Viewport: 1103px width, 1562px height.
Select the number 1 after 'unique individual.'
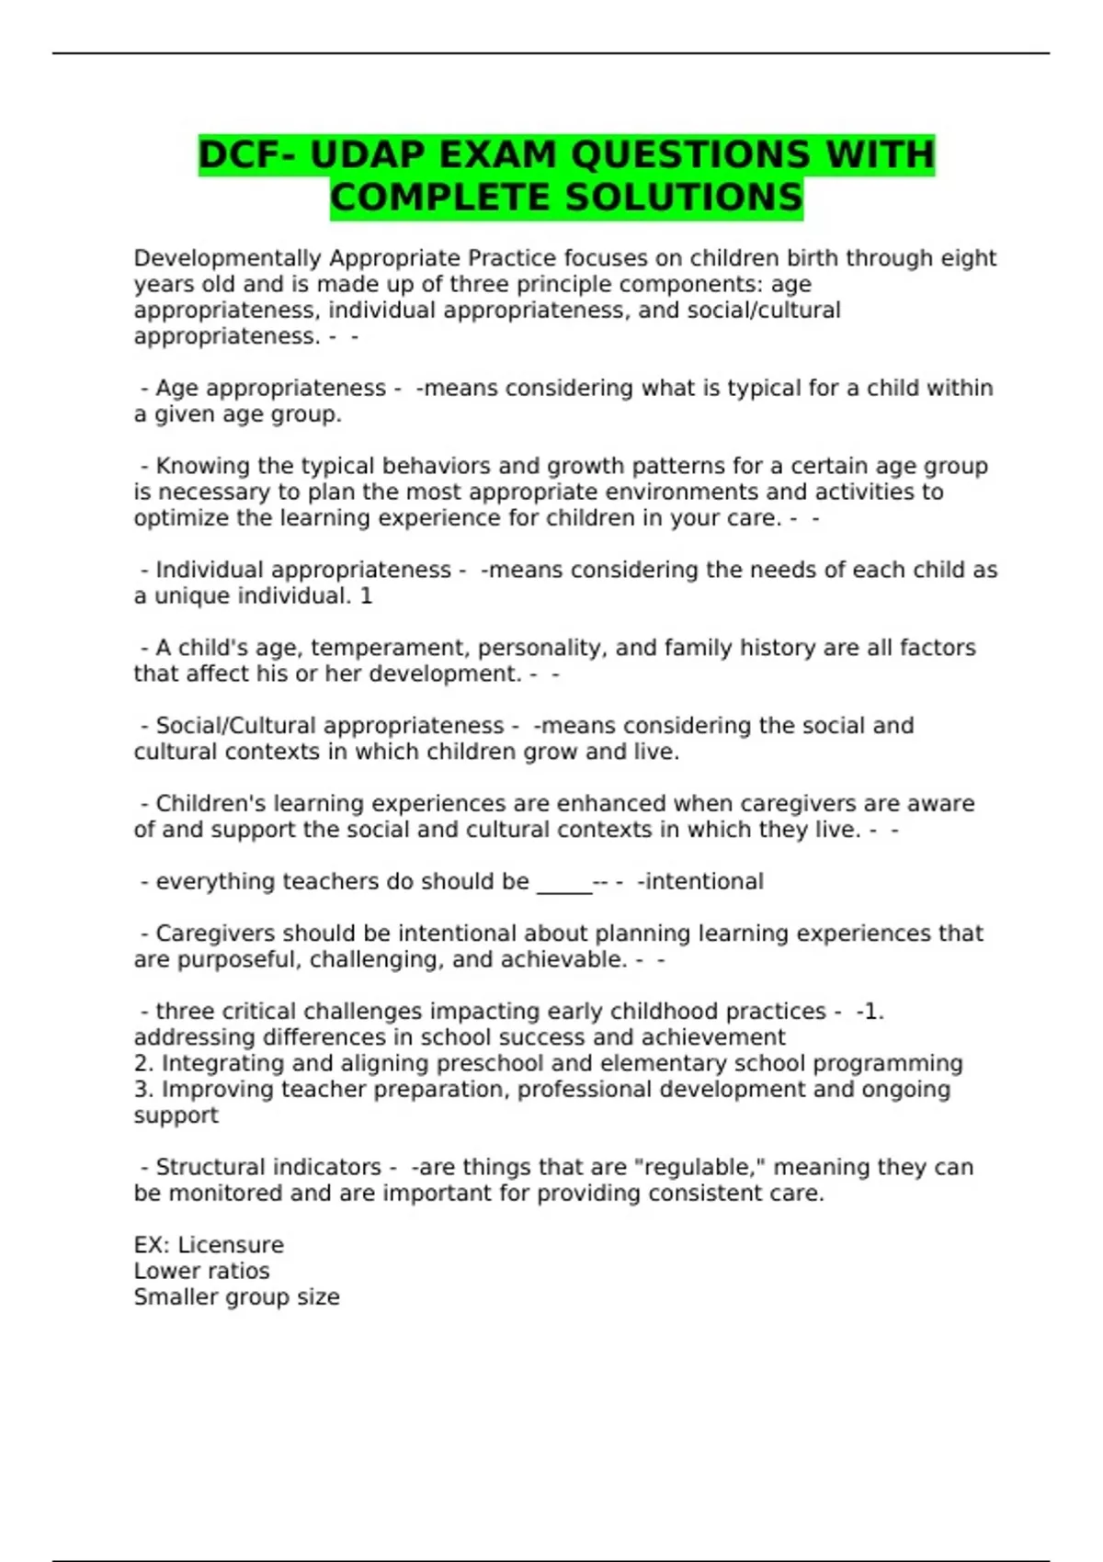pyautogui.click(x=366, y=596)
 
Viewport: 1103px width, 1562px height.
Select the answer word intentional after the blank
pyautogui.click(x=704, y=882)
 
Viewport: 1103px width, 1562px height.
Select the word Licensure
pyautogui.click(x=231, y=1246)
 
